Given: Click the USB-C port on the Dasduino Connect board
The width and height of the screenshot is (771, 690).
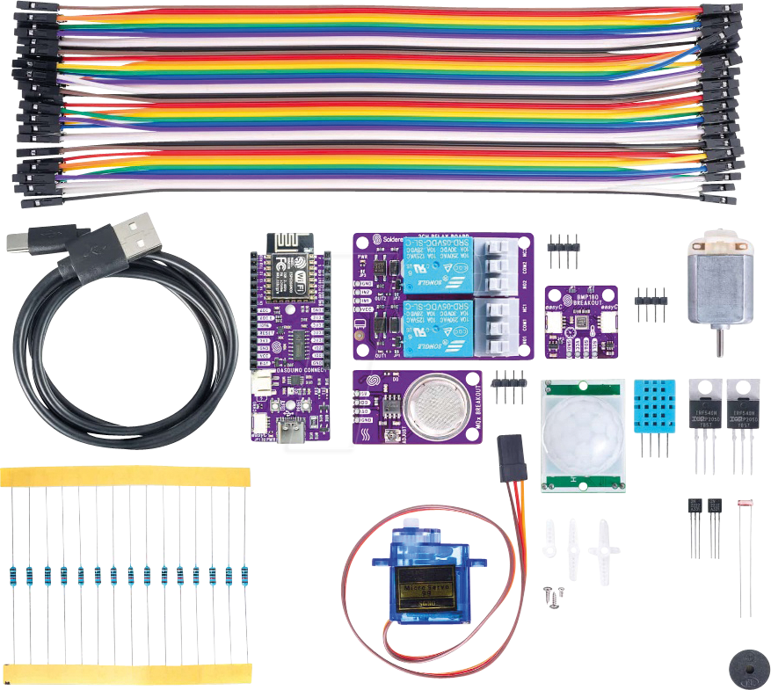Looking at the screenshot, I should [289, 432].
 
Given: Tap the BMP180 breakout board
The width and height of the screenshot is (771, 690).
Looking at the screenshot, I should [581, 322].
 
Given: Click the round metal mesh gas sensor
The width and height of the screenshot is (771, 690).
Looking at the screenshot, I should [433, 405].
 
